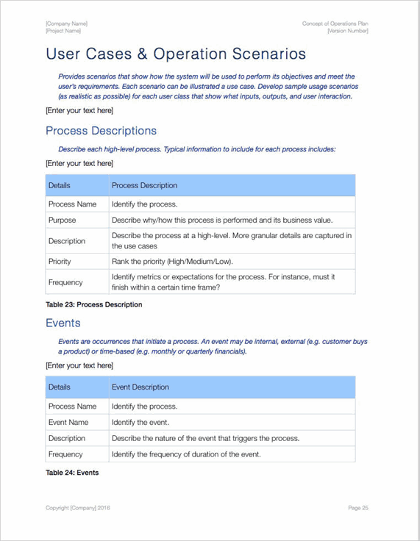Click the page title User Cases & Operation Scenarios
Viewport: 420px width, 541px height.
(176, 54)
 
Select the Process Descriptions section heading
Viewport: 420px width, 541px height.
(101, 131)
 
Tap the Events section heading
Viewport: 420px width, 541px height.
(63, 323)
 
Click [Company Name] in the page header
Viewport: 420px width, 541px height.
(66, 24)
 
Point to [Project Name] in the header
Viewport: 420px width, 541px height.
(64, 31)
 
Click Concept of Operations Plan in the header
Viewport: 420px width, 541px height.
(335, 24)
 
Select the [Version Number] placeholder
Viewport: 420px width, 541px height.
(348, 31)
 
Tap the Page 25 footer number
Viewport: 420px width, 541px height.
(358, 507)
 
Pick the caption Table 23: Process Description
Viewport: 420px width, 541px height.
(94, 304)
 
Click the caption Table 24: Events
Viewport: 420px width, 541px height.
(72, 473)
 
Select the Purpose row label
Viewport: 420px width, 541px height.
(63, 220)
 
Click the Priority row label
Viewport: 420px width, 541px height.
(60, 261)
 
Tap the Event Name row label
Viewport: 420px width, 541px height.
(68, 422)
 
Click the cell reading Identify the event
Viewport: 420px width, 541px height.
(140, 422)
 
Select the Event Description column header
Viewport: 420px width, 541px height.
(140, 387)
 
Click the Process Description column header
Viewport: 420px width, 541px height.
(144, 185)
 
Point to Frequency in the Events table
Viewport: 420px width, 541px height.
(66, 454)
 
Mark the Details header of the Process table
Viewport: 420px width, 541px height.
(60, 185)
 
